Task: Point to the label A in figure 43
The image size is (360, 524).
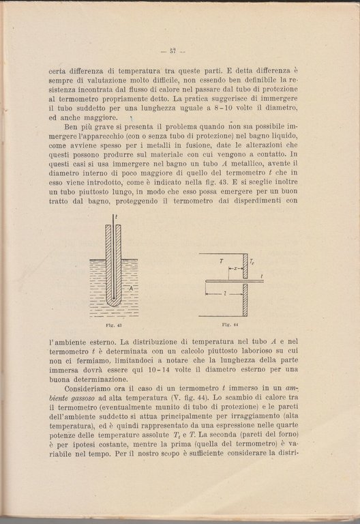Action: coord(131,289)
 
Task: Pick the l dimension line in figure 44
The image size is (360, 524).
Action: coord(225,294)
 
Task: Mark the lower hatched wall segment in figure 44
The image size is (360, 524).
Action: coord(245,299)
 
